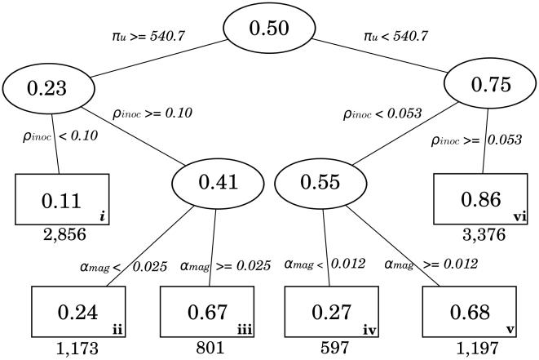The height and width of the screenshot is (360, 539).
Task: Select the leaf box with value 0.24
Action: [79, 310]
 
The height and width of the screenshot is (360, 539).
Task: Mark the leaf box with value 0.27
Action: [327, 310]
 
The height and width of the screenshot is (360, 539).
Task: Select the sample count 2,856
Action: [64, 237]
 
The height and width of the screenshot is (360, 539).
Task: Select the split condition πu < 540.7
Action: [396, 36]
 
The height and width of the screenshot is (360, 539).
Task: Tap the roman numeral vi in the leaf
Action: [521, 216]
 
